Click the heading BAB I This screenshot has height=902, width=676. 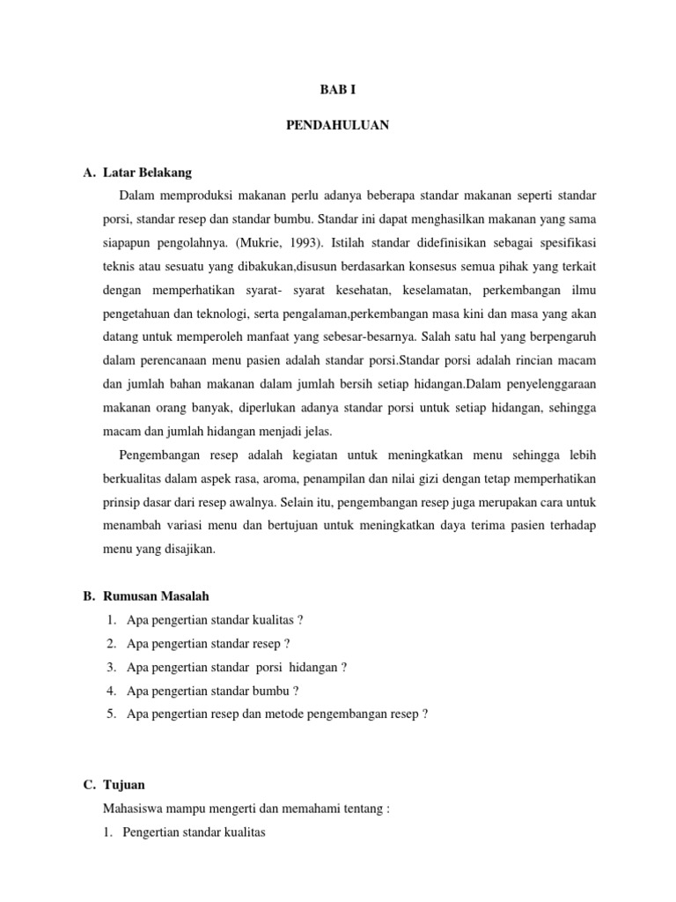pos(338,89)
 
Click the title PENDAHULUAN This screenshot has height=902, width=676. pos(338,126)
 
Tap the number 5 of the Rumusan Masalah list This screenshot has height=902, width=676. pos(111,713)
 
